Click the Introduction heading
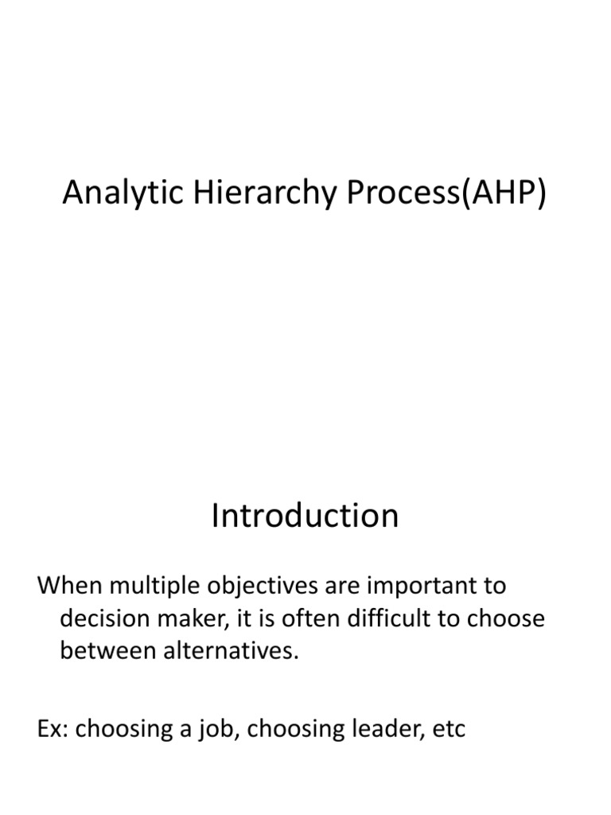[x=305, y=516]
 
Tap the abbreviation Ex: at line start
[x=53, y=728]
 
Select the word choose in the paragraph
[x=507, y=619]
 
